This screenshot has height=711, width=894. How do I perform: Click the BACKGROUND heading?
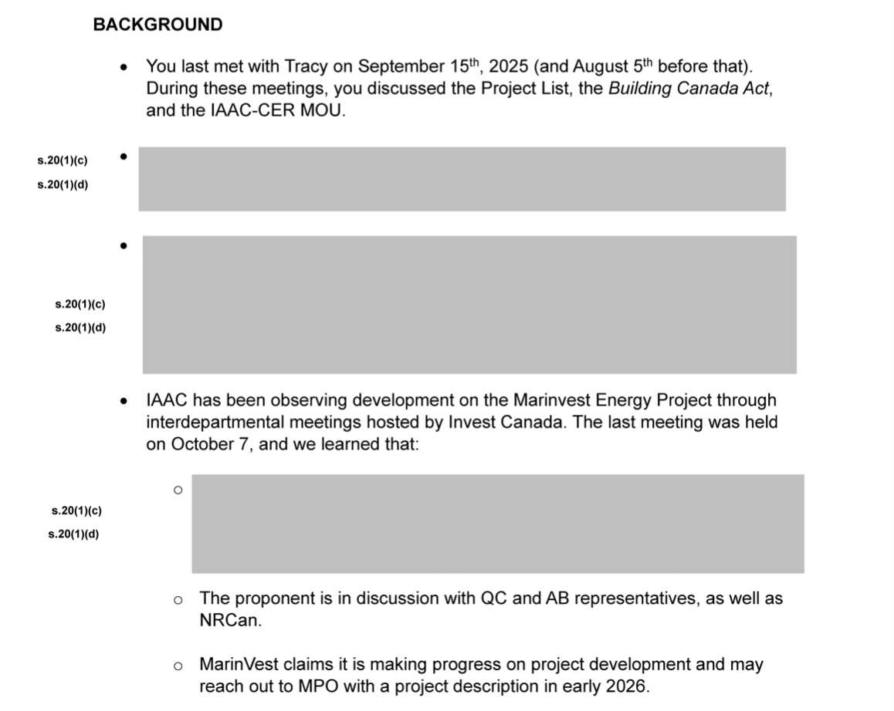pyautogui.click(x=157, y=25)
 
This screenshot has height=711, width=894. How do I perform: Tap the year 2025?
pyautogui.click(x=509, y=66)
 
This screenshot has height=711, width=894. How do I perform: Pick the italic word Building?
pyautogui.click(x=638, y=88)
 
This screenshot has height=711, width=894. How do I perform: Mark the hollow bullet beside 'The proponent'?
pyautogui.click(x=178, y=599)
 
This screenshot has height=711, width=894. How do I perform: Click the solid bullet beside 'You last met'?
pyautogui.click(x=124, y=67)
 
